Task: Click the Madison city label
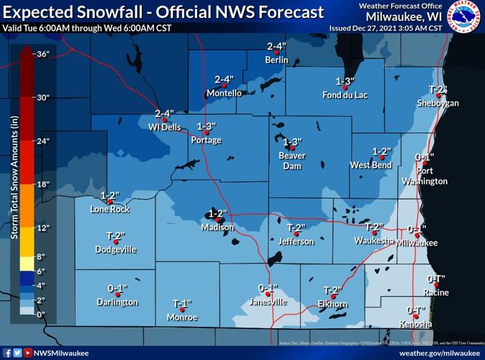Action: (217, 228)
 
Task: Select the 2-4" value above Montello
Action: (225, 79)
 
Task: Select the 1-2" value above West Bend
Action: (381, 151)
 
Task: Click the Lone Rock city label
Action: (110, 210)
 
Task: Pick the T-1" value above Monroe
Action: (183, 303)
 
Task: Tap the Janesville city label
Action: (267, 302)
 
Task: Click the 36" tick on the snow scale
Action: (42, 54)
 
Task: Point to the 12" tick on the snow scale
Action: (42, 228)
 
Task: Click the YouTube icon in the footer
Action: (27, 353)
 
